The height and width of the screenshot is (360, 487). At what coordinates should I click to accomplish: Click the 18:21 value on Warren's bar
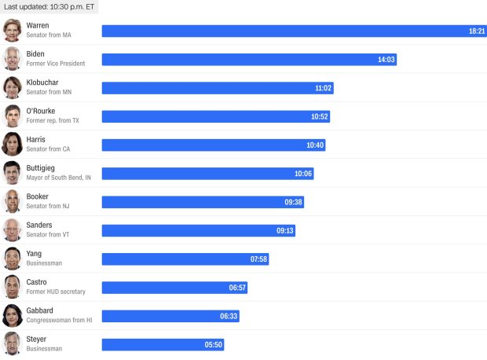click(x=476, y=31)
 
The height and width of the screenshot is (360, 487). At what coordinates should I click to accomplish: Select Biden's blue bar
click(x=236, y=59)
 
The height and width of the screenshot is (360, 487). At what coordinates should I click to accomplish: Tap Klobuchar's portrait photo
click(x=12, y=87)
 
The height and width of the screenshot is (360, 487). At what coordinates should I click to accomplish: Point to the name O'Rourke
click(x=41, y=111)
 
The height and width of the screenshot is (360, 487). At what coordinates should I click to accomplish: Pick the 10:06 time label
click(x=303, y=174)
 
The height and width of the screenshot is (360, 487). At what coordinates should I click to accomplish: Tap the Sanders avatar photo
click(x=12, y=230)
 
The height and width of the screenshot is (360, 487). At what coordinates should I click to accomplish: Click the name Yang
click(x=35, y=253)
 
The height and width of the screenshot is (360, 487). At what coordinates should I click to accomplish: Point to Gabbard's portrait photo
click(x=12, y=315)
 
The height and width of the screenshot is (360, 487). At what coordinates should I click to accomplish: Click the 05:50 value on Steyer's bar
click(x=214, y=344)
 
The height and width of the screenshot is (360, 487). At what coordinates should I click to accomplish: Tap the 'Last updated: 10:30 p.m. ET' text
click(x=48, y=6)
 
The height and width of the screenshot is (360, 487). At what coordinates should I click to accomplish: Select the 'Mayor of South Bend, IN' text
click(x=59, y=178)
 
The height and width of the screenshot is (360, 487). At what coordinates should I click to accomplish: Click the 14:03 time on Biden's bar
click(x=386, y=59)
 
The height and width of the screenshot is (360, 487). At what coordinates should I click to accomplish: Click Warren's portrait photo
click(x=12, y=30)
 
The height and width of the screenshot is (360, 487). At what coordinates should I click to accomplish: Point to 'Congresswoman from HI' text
click(x=60, y=320)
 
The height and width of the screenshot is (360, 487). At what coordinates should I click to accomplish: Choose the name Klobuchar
click(x=42, y=83)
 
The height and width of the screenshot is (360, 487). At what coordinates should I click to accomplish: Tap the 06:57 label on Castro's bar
click(x=237, y=288)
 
